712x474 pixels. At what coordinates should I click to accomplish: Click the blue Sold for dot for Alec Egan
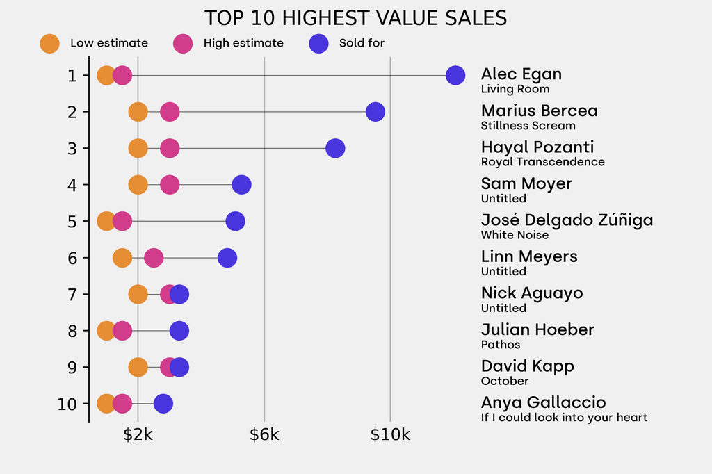pyautogui.click(x=455, y=75)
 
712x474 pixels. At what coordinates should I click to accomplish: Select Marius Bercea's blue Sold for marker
pyautogui.click(x=375, y=111)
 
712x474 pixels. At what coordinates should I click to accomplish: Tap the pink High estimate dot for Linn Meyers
pyautogui.click(x=154, y=258)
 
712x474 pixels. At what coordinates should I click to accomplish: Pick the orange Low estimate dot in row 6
pyautogui.click(x=122, y=258)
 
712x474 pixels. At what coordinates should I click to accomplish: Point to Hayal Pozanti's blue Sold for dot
pyautogui.click(x=335, y=148)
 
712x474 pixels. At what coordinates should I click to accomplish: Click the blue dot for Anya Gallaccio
pyautogui.click(x=163, y=404)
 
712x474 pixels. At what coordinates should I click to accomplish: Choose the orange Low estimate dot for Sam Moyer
pyautogui.click(x=138, y=185)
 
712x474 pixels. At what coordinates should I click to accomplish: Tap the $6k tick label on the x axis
pyautogui.click(x=264, y=435)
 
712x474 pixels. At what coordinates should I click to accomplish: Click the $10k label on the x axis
pyautogui.click(x=390, y=435)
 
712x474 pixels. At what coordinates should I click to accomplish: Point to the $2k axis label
pyautogui.click(x=138, y=435)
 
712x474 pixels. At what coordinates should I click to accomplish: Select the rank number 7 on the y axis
pyautogui.click(x=72, y=295)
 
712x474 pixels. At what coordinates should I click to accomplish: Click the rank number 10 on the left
pyautogui.click(x=68, y=404)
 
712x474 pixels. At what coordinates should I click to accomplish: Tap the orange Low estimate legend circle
pyautogui.click(x=49, y=43)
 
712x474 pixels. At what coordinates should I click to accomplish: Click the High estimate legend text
pyautogui.click(x=243, y=43)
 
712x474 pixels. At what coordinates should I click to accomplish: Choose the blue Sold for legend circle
pyautogui.click(x=318, y=43)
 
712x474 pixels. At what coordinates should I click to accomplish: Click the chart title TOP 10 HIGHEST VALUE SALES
pyautogui.click(x=355, y=18)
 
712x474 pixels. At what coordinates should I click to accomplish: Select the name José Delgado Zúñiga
pyautogui.click(x=567, y=220)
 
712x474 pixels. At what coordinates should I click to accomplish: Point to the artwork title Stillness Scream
pyautogui.click(x=528, y=126)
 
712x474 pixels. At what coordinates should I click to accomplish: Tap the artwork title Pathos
pyautogui.click(x=500, y=345)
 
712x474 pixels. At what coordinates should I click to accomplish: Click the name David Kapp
pyautogui.click(x=527, y=366)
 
